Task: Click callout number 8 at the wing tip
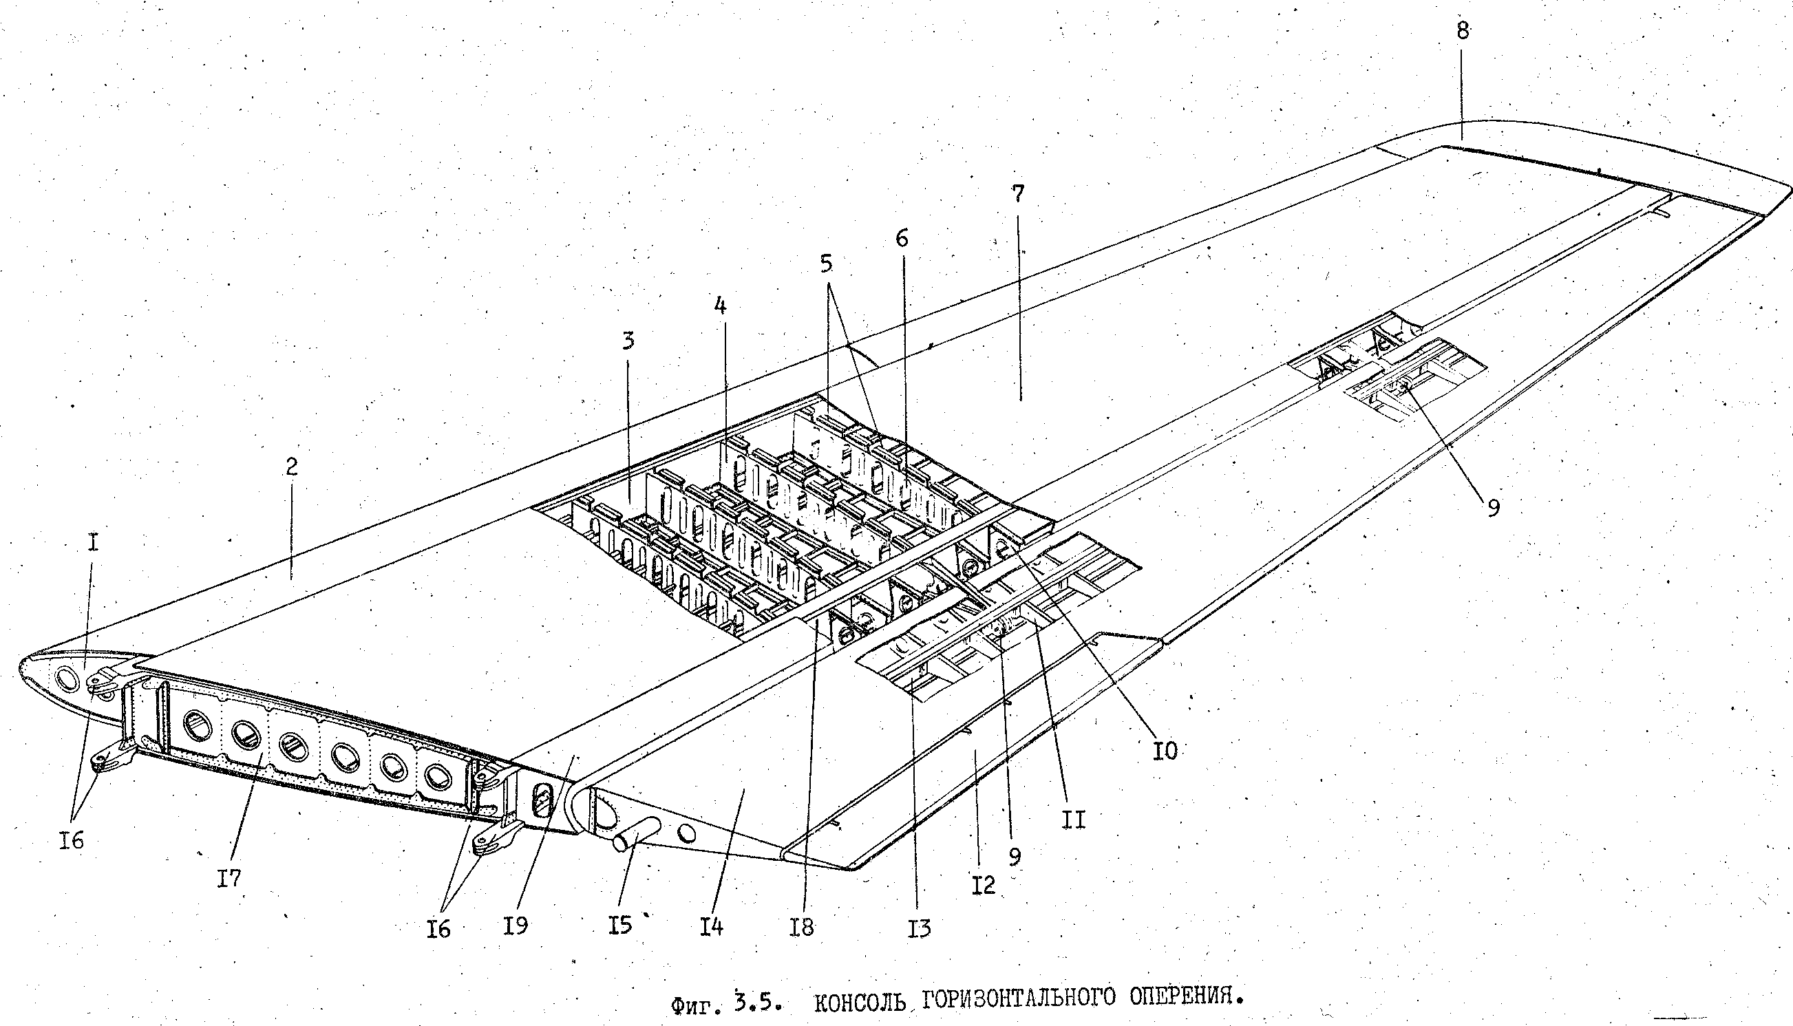[x=1463, y=32]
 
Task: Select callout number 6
[x=902, y=239]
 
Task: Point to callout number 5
[x=826, y=264]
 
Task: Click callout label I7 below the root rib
[x=229, y=878]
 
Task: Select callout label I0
[x=1165, y=752]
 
